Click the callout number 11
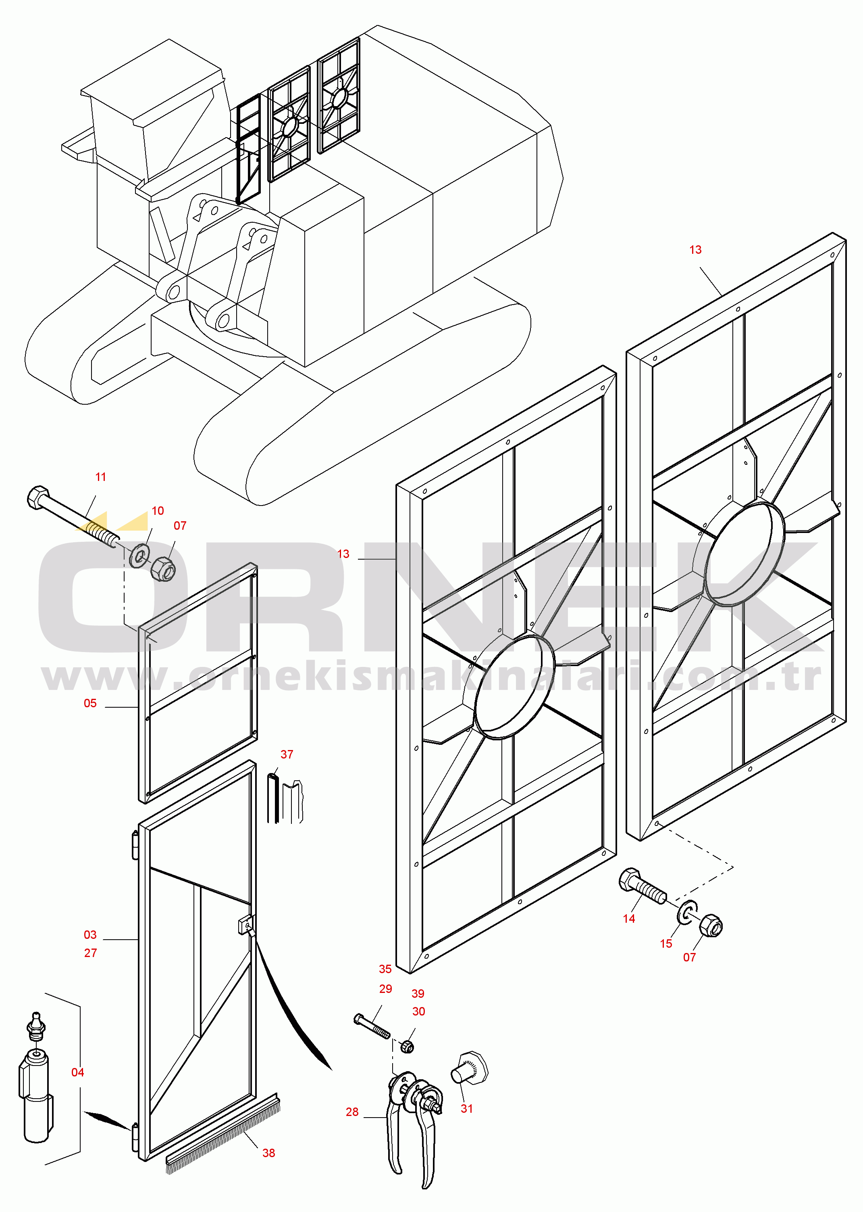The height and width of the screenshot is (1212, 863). [100, 477]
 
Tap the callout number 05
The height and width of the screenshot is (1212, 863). [90, 703]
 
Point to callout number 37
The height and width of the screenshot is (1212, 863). [287, 754]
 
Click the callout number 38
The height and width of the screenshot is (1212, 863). [269, 1153]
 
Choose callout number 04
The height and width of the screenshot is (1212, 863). [77, 1072]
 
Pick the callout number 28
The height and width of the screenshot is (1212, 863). [352, 1112]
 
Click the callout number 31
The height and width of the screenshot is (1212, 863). [467, 1109]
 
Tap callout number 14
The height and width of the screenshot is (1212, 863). [629, 919]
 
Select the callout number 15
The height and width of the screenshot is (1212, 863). [666, 944]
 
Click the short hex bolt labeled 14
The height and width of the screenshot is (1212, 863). [642, 886]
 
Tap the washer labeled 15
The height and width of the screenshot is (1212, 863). [687, 913]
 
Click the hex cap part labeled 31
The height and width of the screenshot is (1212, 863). [469, 1067]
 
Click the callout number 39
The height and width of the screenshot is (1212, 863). [418, 993]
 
